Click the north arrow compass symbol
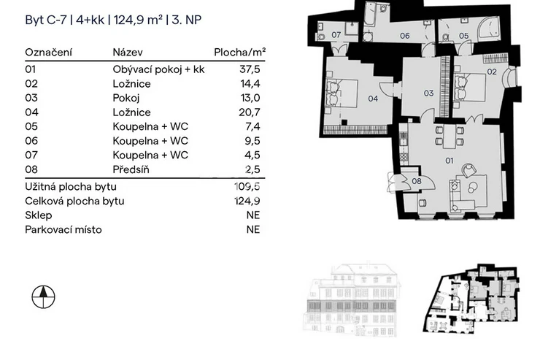44,296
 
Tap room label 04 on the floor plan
372,98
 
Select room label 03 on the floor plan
428,93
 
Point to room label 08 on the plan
417,180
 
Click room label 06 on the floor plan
404,35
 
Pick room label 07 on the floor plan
336,34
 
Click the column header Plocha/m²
239,53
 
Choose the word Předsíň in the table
131,169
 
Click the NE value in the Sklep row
253,215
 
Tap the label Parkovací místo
63,230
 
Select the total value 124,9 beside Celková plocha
248,201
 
